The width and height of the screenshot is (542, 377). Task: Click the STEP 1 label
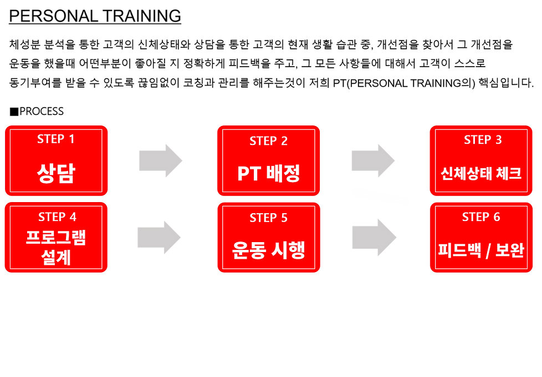tap(55, 139)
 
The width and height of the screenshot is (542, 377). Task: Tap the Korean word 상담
tap(55, 173)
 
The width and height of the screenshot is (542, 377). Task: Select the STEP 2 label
tap(269, 141)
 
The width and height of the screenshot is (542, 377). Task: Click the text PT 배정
tap(269, 174)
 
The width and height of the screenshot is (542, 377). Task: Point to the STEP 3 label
tap(483, 140)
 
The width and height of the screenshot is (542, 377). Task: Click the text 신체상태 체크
tap(482, 173)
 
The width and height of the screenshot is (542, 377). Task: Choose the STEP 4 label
tap(57, 217)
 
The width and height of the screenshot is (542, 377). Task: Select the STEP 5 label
tap(269, 218)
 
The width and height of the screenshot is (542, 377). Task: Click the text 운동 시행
tap(269, 250)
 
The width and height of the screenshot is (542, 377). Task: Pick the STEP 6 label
tap(481, 217)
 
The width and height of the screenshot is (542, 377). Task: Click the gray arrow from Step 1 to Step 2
tap(160, 160)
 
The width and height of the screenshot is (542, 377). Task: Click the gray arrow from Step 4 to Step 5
tap(158, 237)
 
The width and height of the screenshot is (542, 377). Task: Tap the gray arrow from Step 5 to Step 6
tap(373, 237)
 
